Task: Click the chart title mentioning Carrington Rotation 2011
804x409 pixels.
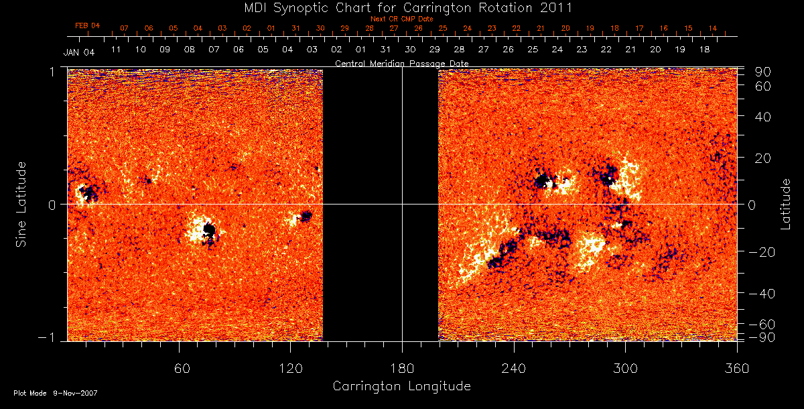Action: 402,8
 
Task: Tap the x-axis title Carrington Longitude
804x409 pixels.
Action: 401,386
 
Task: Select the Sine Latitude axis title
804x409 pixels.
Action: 21,204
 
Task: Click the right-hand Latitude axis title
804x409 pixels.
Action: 785,204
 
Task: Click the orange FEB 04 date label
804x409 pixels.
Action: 88,25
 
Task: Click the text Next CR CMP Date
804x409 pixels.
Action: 402,19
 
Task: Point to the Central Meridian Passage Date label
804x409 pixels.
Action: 401,63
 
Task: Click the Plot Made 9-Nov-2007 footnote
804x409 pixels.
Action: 56,393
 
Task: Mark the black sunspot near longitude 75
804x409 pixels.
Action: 209,231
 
